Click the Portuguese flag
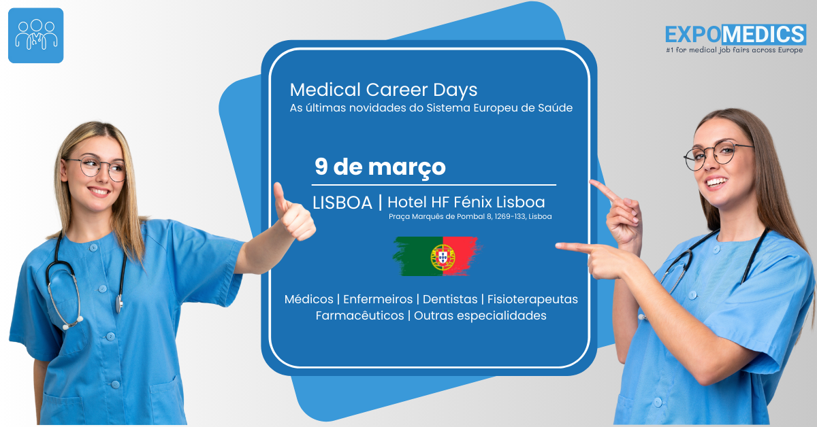[437, 256]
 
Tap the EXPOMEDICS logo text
[735, 35]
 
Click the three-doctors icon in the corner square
[35, 35]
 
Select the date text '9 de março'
[380, 167]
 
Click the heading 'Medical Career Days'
[383, 90]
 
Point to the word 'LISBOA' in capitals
[342, 203]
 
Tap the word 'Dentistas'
[450, 299]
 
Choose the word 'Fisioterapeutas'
[532, 299]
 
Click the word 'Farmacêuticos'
[359, 315]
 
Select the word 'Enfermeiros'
[378, 299]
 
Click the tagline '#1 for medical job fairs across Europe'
[734, 50]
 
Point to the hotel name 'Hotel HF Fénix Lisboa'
[466, 202]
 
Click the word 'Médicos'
[308, 299]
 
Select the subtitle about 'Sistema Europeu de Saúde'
[431, 108]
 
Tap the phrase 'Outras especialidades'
[480, 315]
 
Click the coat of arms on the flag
[443, 257]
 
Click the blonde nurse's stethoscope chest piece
[119, 303]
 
